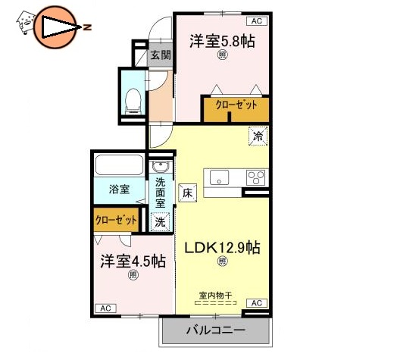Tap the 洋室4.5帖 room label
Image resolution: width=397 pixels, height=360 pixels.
pyautogui.click(x=133, y=262)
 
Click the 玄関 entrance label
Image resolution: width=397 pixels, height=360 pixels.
pyautogui.click(x=159, y=55)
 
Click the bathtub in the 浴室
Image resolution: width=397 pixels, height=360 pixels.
pyautogui.click(x=118, y=166)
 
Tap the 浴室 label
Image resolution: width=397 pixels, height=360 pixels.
pyautogui.click(x=117, y=189)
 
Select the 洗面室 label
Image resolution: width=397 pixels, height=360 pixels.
pyautogui.click(x=161, y=193)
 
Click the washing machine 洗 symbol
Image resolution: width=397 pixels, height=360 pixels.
pyautogui.click(x=159, y=222)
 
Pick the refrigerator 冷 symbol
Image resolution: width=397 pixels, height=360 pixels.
pyautogui.click(x=259, y=137)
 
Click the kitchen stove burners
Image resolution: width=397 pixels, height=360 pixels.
pyautogui.click(x=255, y=178)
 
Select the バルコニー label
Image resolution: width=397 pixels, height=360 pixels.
pyautogui.click(x=215, y=331)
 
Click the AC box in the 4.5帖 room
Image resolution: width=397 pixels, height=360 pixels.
pyautogui.click(x=105, y=308)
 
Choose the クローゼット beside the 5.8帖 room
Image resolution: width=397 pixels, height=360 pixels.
pyautogui.click(x=235, y=105)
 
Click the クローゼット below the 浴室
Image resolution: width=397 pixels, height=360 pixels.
pyautogui.click(x=117, y=220)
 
